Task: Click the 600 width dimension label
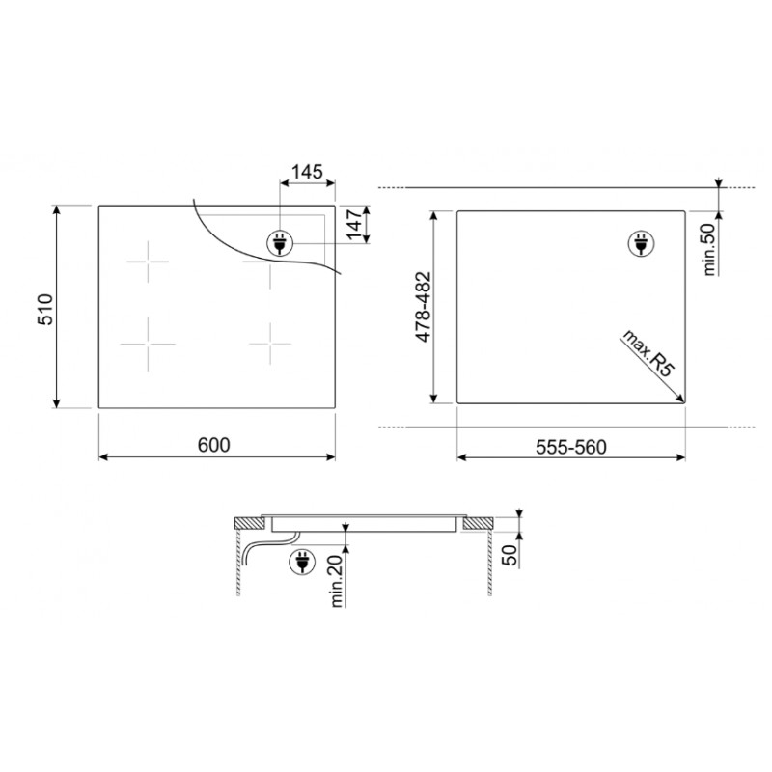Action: tap(213, 445)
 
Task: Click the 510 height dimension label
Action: tap(45, 309)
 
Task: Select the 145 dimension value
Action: tap(307, 172)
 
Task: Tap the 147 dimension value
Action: tap(354, 225)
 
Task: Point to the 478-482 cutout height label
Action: tap(424, 307)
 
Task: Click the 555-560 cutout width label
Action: tap(571, 447)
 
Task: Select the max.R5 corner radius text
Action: tap(648, 353)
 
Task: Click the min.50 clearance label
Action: tap(708, 249)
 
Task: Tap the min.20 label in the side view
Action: tap(337, 581)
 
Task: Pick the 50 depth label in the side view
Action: tap(511, 556)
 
